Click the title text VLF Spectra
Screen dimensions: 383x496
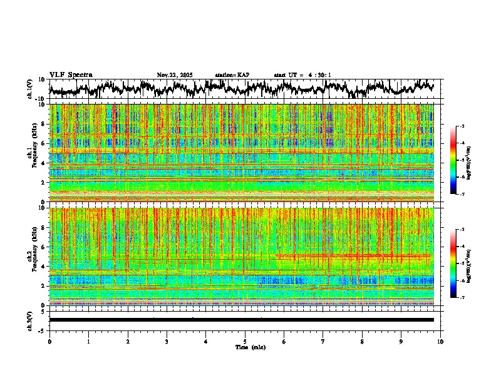coord(71,74)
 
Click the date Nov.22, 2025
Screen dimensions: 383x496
coord(175,75)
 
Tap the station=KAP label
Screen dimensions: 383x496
coord(232,75)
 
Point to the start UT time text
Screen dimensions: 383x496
coord(302,75)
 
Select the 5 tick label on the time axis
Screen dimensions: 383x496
coord(245,341)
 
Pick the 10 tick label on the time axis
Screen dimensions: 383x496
coord(440,341)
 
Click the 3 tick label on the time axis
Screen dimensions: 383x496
coord(167,341)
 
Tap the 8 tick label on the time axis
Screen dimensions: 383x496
coord(362,341)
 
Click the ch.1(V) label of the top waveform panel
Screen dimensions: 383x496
coord(29,89)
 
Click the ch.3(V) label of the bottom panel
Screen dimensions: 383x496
coord(29,320)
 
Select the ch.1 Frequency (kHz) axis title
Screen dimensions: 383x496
coord(30,150)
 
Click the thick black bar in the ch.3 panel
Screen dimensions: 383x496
coord(242,320)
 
